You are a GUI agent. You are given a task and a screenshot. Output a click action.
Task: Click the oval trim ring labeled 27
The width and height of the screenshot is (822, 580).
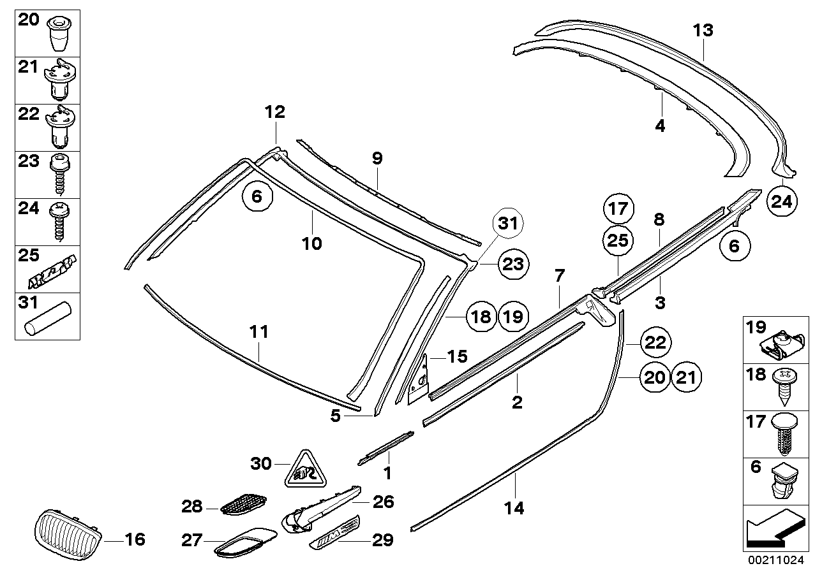tap(246, 540)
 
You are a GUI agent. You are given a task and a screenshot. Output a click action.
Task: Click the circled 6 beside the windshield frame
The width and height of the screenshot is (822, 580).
tap(257, 198)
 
